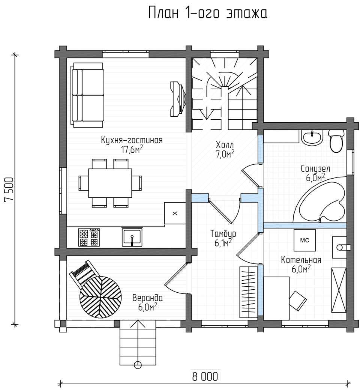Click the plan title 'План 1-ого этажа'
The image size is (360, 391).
(208, 13)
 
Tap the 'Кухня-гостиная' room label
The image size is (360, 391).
(132, 140)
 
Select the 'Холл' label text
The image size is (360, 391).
(225, 144)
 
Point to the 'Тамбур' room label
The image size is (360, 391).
(223, 234)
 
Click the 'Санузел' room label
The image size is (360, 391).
(315, 169)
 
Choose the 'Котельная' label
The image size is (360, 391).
(301, 260)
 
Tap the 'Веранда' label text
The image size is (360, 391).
(147, 298)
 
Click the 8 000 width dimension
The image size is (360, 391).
(205, 376)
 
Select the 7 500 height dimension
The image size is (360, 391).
(9, 189)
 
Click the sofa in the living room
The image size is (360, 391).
(87, 95)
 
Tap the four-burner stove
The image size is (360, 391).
(89, 237)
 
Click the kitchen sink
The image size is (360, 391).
(132, 237)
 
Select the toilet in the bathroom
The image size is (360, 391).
(336, 141)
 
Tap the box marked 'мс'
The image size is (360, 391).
(304, 240)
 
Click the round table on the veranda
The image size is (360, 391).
(100, 297)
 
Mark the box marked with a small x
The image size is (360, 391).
(175, 213)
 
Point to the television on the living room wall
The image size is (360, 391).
(178, 98)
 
